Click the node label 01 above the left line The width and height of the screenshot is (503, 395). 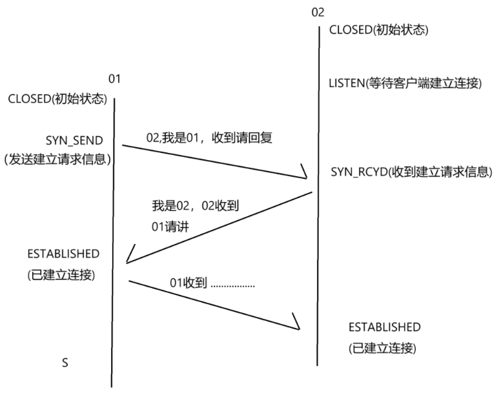114,79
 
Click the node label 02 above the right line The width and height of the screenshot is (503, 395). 318,12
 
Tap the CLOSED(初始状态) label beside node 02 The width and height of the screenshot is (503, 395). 379,30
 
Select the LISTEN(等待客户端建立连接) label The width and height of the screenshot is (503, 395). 405,83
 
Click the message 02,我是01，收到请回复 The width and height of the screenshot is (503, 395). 210,138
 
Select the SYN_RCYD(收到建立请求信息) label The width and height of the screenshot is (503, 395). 411,172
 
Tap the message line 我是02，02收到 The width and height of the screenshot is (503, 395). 194,207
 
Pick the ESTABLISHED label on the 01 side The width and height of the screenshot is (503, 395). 63,252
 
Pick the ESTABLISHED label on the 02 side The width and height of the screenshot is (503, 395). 384,327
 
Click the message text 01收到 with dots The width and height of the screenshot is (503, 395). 212,283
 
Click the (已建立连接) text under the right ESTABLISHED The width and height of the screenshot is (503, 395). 382,349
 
